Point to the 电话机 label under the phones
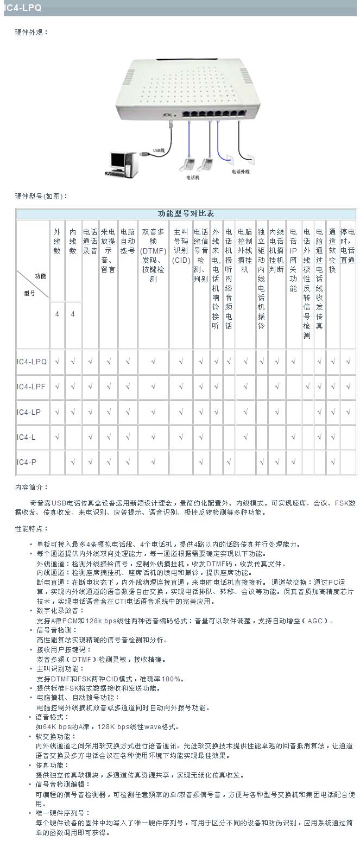192,178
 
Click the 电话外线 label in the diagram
240,171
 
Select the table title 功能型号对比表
186,213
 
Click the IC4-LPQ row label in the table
31,361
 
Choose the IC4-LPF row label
31,387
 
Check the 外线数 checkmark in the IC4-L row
57,437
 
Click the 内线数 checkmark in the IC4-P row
73,462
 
